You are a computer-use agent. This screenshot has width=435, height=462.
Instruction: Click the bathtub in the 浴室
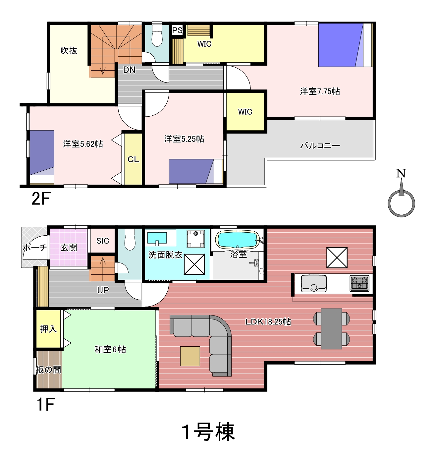click(238, 240)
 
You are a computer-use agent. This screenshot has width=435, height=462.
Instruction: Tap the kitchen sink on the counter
click(313, 283)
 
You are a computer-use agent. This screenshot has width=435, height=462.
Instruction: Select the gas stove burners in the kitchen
click(359, 283)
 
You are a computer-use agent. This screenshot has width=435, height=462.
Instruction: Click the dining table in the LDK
click(331, 329)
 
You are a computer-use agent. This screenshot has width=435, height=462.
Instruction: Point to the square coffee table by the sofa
click(190, 356)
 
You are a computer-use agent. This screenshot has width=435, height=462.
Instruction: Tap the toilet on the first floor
click(130, 240)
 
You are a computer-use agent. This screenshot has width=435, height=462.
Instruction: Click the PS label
click(177, 30)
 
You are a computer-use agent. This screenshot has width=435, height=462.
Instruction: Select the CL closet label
click(133, 159)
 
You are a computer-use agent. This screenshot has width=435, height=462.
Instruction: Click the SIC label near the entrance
click(103, 241)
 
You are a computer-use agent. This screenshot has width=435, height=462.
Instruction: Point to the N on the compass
click(401, 174)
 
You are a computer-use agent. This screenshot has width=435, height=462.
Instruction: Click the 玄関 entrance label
click(69, 248)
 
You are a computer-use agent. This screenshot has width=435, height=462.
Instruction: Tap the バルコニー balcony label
click(320, 145)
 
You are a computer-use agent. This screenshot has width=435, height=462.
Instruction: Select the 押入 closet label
click(48, 329)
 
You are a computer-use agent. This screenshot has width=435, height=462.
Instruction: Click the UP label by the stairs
click(103, 290)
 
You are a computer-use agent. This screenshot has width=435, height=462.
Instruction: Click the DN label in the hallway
click(129, 70)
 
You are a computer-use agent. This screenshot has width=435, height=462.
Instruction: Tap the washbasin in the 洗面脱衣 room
click(157, 238)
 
